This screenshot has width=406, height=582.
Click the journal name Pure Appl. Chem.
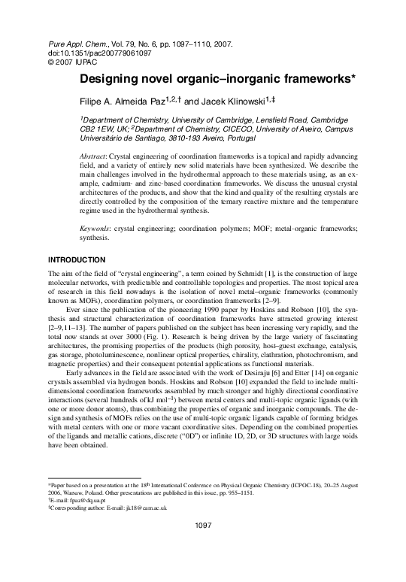[x=68, y=44]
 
